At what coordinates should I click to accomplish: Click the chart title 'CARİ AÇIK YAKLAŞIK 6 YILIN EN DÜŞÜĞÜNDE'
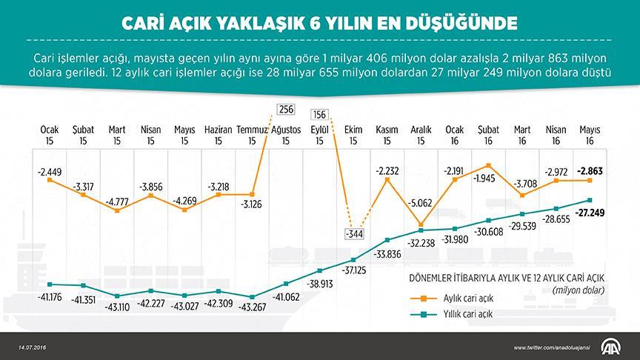click(x=319, y=21)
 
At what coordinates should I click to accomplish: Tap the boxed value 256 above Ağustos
click(x=286, y=110)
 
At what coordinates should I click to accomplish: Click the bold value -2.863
click(x=589, y=170)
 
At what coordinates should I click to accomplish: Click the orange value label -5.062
click(x=420, y=200)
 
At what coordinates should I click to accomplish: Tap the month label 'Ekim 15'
click(x=353, y=134)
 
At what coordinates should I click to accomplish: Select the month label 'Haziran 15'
click(x=218, y=134)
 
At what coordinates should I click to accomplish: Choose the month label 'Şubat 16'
click(x=488, y=134)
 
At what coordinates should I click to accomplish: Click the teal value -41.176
click(x=49, y=297)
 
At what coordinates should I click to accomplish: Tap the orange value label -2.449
click(x=49, y=172)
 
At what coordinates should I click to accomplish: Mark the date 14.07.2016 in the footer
click(x=33, y=347)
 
